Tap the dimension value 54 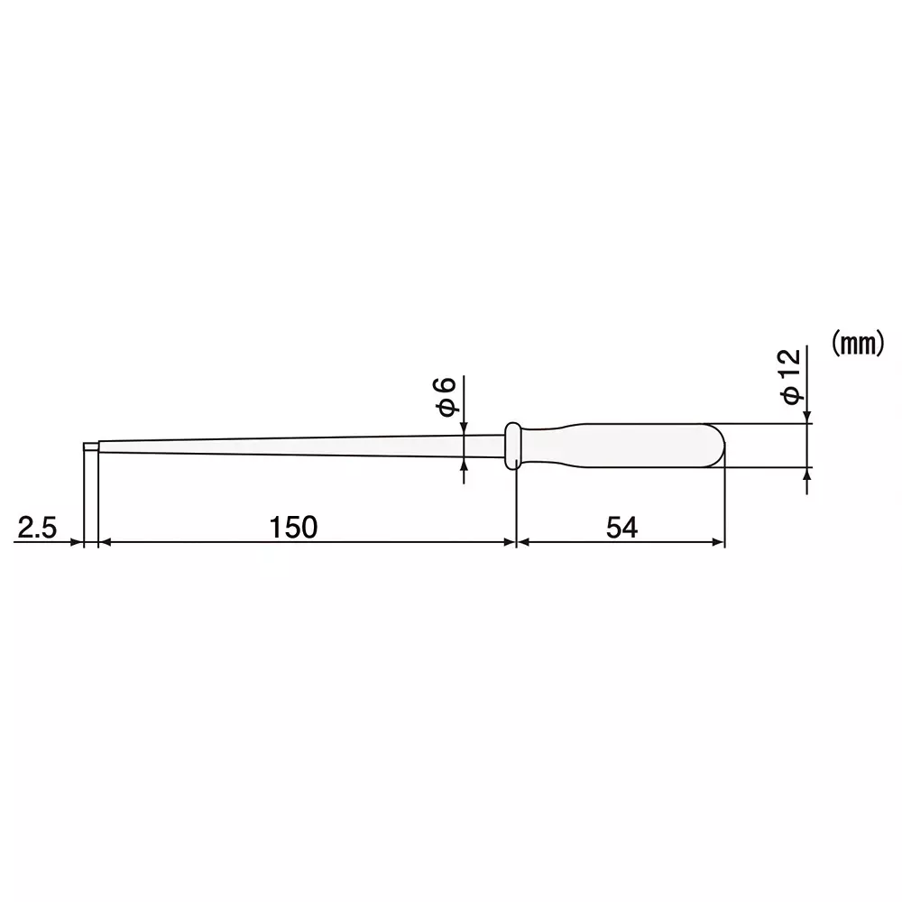click(x=621, y=527)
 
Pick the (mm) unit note click(x=854, y=344)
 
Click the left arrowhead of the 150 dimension click(x=102, y=542)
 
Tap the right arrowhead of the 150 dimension click(x=508, y=542)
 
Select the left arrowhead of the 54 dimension click(x=522, y=542)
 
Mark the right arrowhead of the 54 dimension click(x=718, y=542)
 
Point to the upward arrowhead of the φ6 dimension click(x=465, y=465)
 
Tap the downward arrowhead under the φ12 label click(x=807, y=418)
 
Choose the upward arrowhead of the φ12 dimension click(x=807, y=473)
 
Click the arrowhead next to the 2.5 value click(x=77, y=542)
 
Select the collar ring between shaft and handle click(x=512, y=445)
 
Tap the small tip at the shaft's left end click(x=90, y=446)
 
